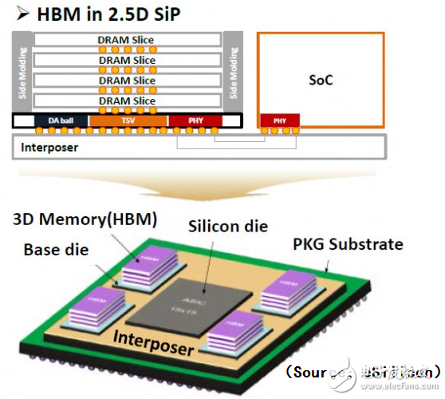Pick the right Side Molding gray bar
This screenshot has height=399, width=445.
[x=233, y=72]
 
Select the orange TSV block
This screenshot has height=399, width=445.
[x=128, y=120]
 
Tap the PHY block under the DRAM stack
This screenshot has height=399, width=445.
[x=195, y=120]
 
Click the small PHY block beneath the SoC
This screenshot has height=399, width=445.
[x=280, y=120]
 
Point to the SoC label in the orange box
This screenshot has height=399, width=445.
[x=320, y=80]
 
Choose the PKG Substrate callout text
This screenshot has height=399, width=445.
[x=348, y=243]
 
